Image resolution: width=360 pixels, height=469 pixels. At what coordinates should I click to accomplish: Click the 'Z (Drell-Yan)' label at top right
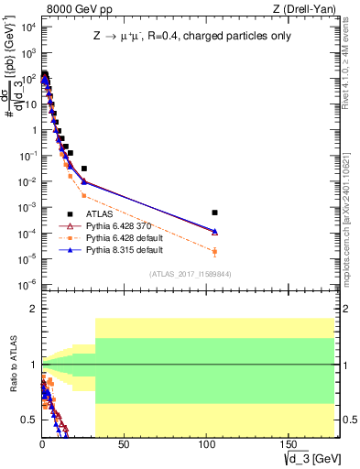[x=304, y=9]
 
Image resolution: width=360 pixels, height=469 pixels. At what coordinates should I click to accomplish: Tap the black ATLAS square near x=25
[x=84, y=169]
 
